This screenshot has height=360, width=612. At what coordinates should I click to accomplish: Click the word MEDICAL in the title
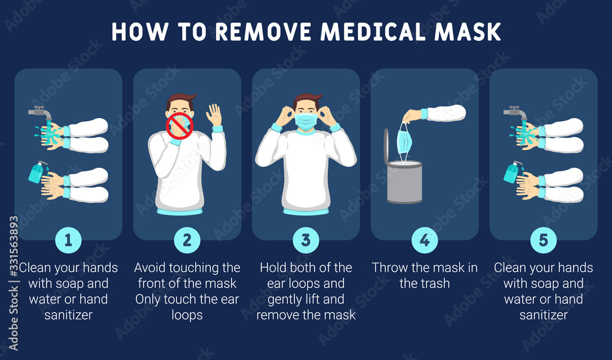click(x=374, y=32)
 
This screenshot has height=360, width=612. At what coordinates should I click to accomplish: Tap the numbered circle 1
click(x=69, y=240)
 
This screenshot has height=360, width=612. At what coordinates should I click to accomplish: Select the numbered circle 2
click(x=187, y=240)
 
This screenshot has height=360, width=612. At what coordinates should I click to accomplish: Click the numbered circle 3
click(x=306, y=240)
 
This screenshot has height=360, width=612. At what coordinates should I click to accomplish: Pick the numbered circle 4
click(x=425, y=240)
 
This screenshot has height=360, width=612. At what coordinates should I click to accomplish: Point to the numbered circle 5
click(x=543, y=240)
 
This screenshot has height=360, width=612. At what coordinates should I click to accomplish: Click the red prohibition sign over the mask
click(x=180, y=126)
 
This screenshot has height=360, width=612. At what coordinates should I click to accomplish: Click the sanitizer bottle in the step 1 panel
click(x=35, y=173)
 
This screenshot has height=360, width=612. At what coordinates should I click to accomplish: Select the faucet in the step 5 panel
click(x=514, y=113)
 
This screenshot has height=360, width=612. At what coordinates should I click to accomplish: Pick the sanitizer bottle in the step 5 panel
click(x=510, y=173)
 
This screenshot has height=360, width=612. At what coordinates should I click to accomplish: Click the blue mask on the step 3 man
click(x=305, y=121)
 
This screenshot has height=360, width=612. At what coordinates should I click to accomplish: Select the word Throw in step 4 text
click(x=391, y=268)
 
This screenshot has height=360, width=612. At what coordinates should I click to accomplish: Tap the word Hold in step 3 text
click(x=273, y=268)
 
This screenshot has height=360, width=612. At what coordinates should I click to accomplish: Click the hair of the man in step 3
click(x=307, y=99)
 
